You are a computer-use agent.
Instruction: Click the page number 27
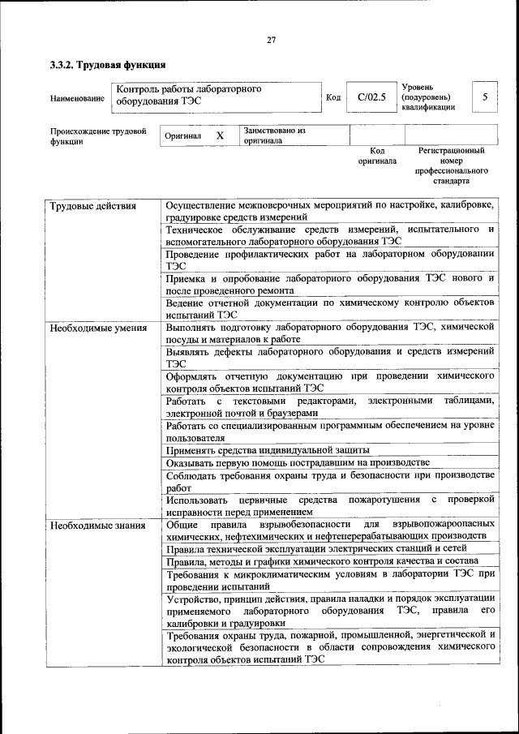pyautogui.click(x=271, y=40)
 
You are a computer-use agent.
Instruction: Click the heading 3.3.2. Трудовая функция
pyautogui.click(x=108, y=64)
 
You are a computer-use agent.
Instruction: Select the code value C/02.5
pyautogui.click(x=370, y=98)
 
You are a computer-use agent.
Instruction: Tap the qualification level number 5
pyautogui.click(x=485, y=97)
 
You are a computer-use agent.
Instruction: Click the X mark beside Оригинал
pyautogui.click(x=219, y=135)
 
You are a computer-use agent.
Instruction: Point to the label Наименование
pyautogui.click(x=77, y=99)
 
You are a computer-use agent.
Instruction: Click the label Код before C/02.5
pyautogui.click(x=332, y=99)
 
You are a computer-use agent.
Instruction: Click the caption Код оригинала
pyautogui.click(x=377, y=156)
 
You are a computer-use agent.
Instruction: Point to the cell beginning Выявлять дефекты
pyautogui.click(x=329, y=358)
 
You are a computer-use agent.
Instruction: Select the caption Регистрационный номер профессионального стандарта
pyautogui.click(x=451, y=166)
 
